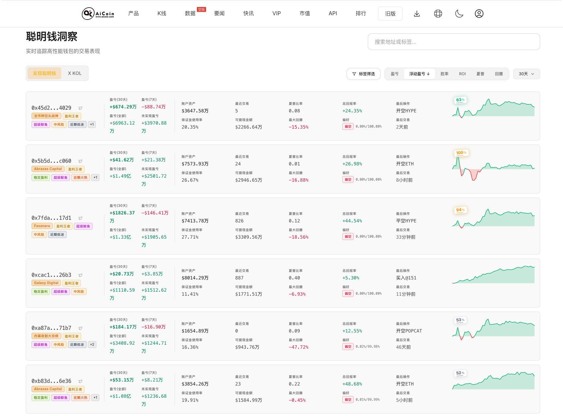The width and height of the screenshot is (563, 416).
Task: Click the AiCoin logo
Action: [98, 14]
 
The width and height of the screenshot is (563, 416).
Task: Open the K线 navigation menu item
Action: [162, 14]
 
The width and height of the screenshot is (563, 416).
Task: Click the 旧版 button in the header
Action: [390, 14]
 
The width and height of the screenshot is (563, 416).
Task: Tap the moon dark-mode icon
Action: [459, 14]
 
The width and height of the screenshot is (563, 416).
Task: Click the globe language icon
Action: [438, 14]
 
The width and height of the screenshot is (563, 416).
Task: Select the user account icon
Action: [479, 14]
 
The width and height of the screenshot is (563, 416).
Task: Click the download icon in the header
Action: [417, 14]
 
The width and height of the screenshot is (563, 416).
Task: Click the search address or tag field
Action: [454, 42]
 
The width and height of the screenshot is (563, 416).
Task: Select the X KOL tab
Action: [75, 73]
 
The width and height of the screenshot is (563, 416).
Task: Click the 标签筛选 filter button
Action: [363, 74]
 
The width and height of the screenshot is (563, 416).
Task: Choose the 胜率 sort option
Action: [444, 74]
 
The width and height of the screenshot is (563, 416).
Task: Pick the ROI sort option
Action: [462, 74]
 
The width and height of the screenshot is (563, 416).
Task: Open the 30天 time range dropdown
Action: [526, 74]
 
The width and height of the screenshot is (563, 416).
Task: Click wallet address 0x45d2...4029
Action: [51, 108]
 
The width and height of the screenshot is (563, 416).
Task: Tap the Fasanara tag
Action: [42, 226]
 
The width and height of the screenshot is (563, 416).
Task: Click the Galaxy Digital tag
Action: [46, 283]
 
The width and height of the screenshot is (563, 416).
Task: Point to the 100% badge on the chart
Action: [461, 153]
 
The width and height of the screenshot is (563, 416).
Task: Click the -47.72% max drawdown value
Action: [299, 347]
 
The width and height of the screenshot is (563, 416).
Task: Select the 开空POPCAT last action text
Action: [409, 331]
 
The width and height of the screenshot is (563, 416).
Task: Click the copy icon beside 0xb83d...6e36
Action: [81, 381]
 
